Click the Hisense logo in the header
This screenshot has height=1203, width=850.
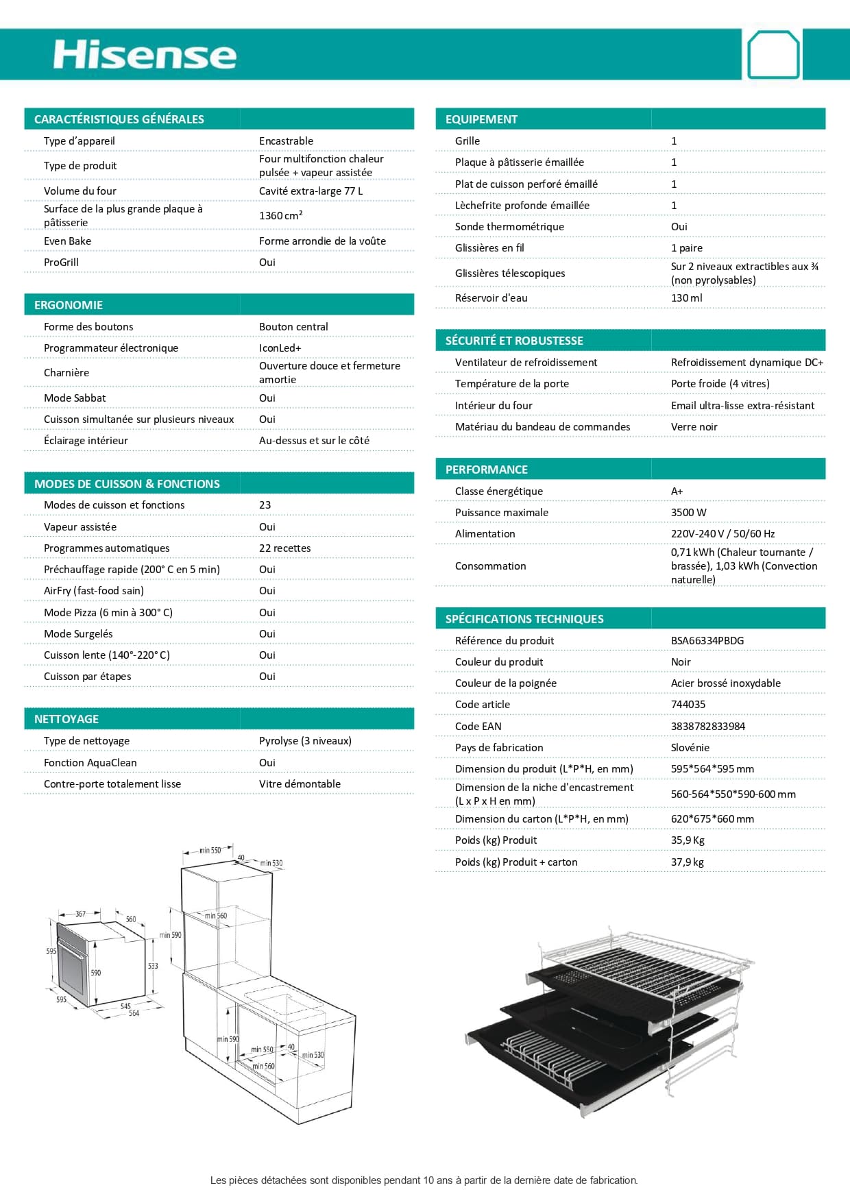point(145,55)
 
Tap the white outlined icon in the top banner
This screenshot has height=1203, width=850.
point(773,54)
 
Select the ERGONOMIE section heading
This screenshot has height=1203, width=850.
point(69,305)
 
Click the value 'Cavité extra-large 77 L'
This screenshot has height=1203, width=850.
point(311,191)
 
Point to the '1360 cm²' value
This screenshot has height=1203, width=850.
point(280,215)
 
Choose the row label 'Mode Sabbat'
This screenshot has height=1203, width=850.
point(75,398)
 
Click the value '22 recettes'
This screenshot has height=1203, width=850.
point(284,548)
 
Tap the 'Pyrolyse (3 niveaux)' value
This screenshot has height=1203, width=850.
point(305,740)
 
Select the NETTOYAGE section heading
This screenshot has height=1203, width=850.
point(66,719)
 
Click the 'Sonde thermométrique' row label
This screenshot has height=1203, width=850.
point(509,226)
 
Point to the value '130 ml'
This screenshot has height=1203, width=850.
point(686,297)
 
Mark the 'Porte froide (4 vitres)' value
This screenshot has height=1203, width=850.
point(720,383)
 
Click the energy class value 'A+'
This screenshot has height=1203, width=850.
point(677,491)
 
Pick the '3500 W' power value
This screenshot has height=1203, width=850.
point(688,512)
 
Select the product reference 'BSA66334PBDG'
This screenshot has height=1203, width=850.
point(707,640)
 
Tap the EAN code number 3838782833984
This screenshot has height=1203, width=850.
point(707,726)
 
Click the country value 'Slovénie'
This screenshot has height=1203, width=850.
point(690,747)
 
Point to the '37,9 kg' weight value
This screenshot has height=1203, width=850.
point(687,862)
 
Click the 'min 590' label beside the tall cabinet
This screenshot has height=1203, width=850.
point(171,935)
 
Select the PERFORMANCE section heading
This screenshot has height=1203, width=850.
point(486,470)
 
